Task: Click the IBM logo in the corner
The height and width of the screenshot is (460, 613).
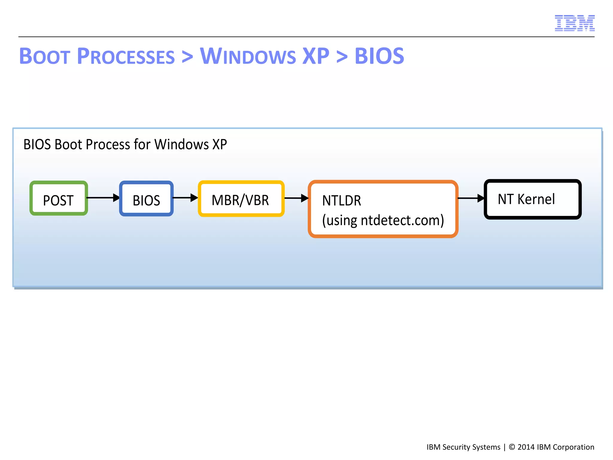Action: point(574,23)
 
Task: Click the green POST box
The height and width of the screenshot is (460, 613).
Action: point(59,198)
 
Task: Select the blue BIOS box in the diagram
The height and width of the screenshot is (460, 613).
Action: point(146,199)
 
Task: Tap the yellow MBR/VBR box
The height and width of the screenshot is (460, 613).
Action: point(241,199)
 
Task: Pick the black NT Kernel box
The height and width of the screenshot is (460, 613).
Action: point(532,199)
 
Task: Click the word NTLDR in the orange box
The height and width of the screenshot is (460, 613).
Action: point(342,201)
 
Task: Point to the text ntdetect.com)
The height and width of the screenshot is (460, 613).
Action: point(402,220)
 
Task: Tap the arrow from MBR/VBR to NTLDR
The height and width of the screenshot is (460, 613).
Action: point(296,198)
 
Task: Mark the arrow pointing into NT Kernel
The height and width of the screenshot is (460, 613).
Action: point(471,198)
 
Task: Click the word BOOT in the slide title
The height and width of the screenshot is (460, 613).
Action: point(45,56)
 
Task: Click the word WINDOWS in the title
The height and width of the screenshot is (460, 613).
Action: point(248,56)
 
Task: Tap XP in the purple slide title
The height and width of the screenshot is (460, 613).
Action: point(316,56)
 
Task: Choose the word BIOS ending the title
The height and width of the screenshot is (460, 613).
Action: point(379,56)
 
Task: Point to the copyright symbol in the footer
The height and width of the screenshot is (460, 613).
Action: point(512,447)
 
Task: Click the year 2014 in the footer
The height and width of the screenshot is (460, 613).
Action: point(526,447)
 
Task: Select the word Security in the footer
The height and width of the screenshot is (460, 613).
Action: point(456,447)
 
